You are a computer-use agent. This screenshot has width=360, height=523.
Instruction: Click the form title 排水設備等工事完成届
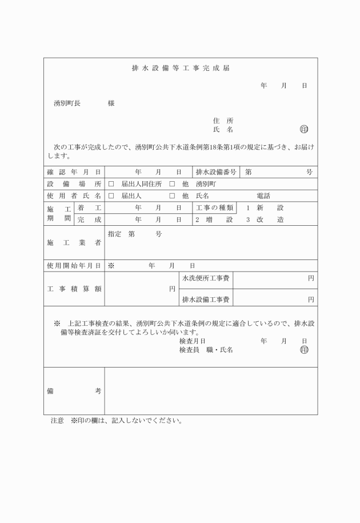point(181,68)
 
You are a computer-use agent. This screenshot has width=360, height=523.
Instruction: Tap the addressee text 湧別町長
point(67,103)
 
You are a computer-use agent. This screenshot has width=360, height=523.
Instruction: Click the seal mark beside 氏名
point(303,130)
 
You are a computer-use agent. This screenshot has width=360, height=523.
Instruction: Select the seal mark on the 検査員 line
point(303,350)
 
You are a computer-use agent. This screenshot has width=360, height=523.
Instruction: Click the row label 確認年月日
point(74,172)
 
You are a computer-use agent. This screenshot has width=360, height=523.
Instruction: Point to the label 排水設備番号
point(216,172)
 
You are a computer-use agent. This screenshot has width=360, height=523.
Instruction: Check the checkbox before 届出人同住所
point(111,184)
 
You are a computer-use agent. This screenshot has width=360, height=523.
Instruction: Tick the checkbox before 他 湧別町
point(171,184)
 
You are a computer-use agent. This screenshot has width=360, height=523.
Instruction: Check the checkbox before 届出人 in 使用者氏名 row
point(111,196)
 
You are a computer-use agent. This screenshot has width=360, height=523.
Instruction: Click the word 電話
point(263,196)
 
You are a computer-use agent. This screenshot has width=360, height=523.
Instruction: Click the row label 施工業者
point(74,243)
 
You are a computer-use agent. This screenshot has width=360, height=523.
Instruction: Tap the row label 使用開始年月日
point(74,266)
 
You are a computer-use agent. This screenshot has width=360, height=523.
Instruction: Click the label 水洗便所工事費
point(206,278)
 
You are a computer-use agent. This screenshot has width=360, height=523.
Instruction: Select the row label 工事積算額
point(74,289)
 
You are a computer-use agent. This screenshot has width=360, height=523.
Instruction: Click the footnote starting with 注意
point(116,421)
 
